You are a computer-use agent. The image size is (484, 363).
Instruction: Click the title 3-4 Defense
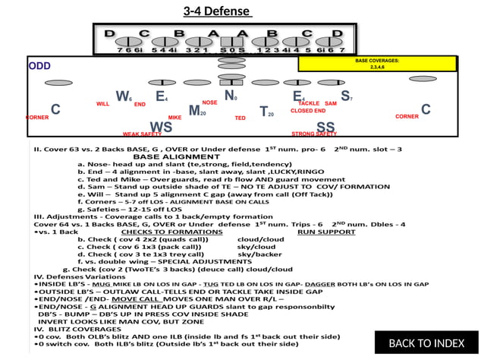(216, 11)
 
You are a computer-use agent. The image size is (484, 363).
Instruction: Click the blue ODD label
(39, 66)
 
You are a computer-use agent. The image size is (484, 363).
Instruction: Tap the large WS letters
(161, 126)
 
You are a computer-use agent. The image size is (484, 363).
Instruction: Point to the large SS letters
(325, 126)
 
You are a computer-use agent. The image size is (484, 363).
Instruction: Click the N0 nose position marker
(231, 96)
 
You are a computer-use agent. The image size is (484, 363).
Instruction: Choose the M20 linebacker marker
(196, 111)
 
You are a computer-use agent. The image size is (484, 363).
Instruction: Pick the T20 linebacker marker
(266, 112)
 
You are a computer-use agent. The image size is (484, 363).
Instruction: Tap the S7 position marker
(346, 96)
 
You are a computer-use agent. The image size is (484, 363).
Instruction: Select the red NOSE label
(210, 103)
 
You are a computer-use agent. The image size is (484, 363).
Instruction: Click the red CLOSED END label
(308, 111)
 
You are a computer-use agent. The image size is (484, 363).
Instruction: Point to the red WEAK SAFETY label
(142, 134)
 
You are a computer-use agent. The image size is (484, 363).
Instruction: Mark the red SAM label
(331, 103)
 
